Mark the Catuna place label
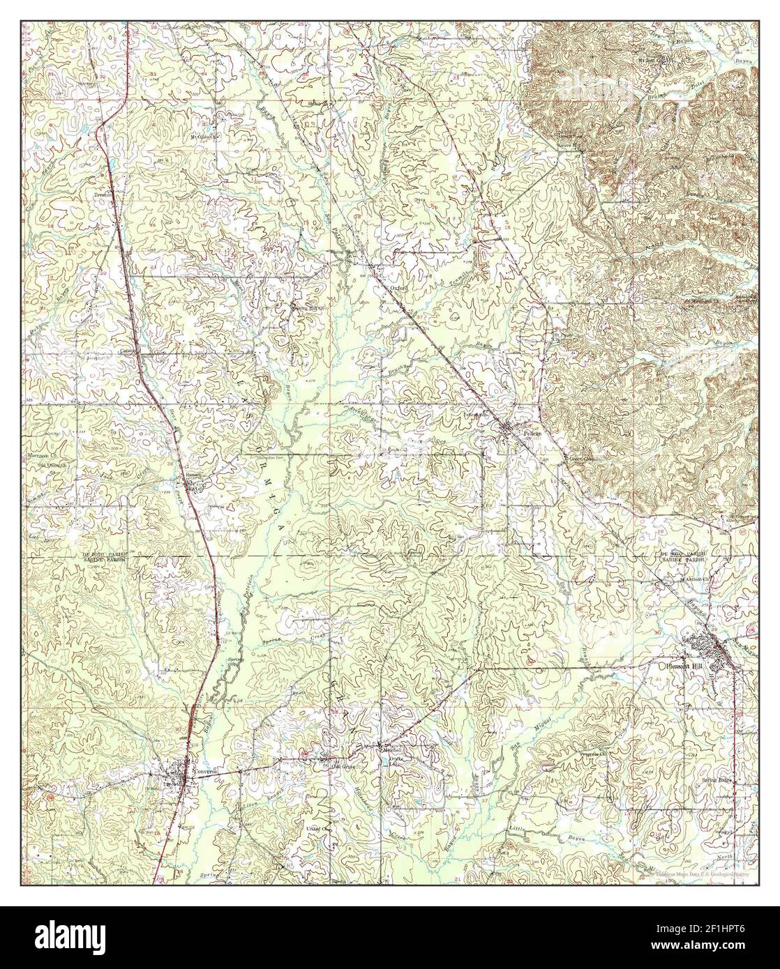pyautogui.click(x=128, y=351)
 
